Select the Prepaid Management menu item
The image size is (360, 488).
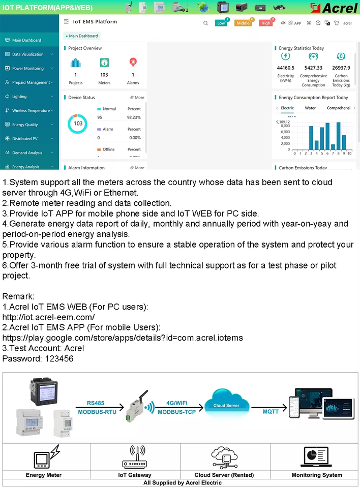click(x=31, y=82)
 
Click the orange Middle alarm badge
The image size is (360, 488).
click(x=243, y=23)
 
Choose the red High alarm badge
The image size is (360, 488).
click(x=265, y=23)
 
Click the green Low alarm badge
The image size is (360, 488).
click(x=221, y=23)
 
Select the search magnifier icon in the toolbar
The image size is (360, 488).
click(x=205, y=23)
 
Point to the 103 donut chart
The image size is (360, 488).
click(x=78, y=124)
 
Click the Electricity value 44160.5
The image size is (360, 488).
click(x=286, y=68)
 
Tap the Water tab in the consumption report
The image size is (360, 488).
click(x=310, y=108)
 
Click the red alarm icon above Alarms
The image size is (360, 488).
click(x=133, y=63)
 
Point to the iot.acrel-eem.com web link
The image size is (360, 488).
click(x=48, y=317)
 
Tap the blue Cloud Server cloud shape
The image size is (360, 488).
click(x=226, y=405)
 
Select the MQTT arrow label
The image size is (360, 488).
click(x=271, y=411)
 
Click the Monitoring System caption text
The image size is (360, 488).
click(x=317, y=475)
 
